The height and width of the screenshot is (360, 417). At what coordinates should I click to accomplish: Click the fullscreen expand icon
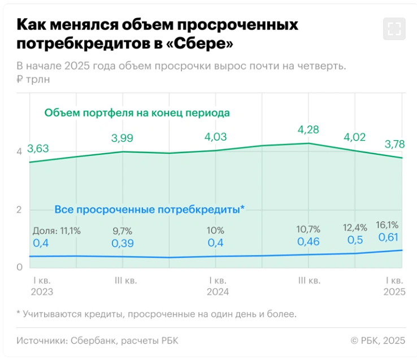click(x=394, y=29)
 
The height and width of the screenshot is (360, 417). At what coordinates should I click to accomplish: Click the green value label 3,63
click(x=39, y=148)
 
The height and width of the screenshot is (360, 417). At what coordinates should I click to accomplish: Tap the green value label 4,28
click(x=308, y=130)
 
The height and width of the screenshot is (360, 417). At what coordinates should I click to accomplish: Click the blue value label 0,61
click(x=389, y=237)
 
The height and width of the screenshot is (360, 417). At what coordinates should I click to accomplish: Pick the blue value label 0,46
click(x=309, y=242)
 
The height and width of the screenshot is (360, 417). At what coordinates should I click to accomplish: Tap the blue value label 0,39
click(x=123, y=243)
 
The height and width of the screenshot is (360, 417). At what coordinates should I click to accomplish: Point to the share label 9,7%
click(x=123, y=231)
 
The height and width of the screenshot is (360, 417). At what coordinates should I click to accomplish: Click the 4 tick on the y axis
click(x=19, y=151)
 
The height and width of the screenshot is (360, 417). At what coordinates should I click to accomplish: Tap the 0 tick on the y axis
click(x=19, y=267)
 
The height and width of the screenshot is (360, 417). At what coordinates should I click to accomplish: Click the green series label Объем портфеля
click(x=138, y=112)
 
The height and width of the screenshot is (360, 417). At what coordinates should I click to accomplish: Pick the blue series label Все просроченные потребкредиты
click(x=149, y=210)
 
